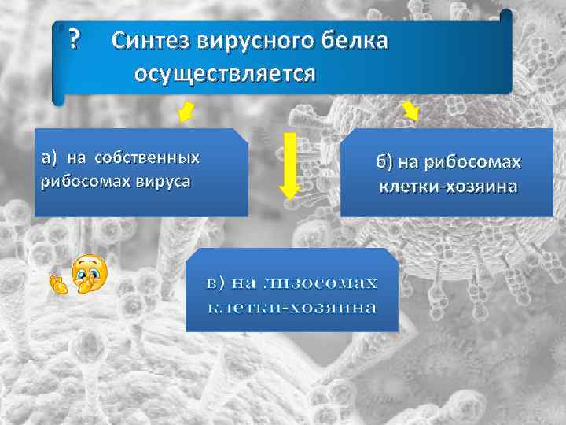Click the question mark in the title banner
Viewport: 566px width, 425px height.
coord(74,38)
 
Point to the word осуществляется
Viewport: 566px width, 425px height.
coord(225,74)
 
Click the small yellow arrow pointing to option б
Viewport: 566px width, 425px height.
coord(410,111)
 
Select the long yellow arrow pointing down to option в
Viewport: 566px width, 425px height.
coord(290,166)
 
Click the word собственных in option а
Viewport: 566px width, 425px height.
coord(147,157)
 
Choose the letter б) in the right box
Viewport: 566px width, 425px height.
coord(384,162)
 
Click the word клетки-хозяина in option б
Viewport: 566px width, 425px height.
coord(447,187)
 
